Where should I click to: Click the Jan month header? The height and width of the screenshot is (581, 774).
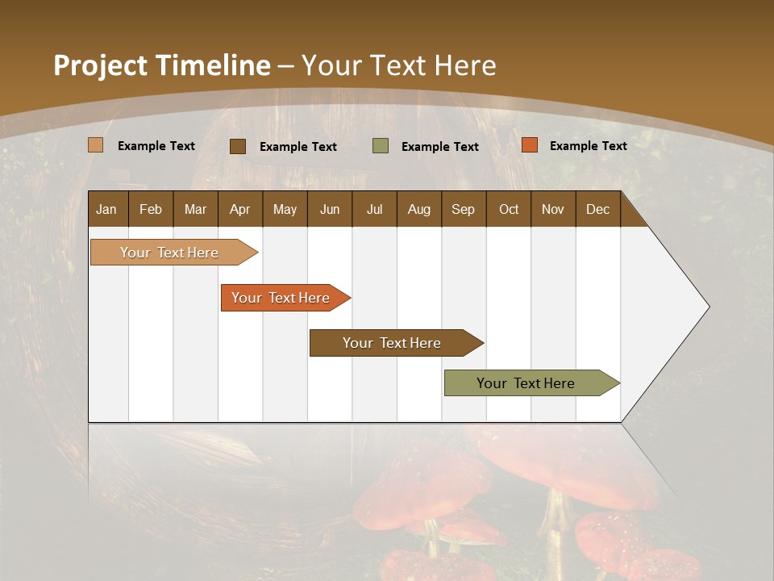(x=106, y=209)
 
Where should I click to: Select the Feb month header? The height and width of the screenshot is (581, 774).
(x=151, y=209)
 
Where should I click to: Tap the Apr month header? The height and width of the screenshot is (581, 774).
(x=239, y=209)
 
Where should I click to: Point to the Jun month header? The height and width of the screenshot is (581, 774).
(x=330, y=209)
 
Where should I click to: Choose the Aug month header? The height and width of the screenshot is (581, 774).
(x=418, y=209)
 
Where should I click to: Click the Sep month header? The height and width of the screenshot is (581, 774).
(x=463, y=209)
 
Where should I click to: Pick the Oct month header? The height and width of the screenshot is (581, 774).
(x=509, y=209)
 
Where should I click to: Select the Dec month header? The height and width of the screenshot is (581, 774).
(x=597, y=209)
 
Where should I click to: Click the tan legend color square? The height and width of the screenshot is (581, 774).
(x=95, y=145)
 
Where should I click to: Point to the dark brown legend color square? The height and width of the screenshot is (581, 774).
(x=238, y=146)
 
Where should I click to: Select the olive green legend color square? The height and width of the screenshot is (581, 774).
(x=381, y=146)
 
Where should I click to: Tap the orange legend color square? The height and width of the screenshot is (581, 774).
(x=529, y=145)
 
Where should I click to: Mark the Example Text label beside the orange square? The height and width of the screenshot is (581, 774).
(x=588, y=145)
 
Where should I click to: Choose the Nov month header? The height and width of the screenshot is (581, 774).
(x=552, y=209)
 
